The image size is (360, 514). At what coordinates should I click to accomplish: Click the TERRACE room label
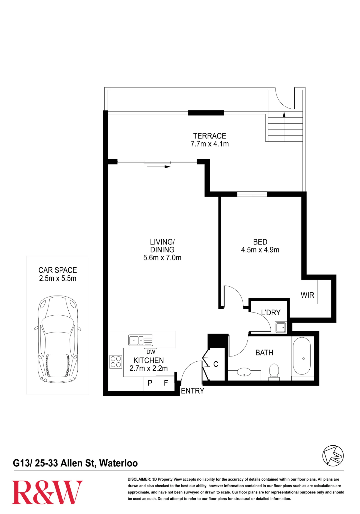click(x=210, y=136)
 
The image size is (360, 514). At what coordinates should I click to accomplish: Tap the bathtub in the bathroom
click(x=302, y=356)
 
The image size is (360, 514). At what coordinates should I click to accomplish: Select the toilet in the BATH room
click(x=274, y=372)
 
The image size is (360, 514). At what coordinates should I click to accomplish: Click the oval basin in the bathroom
click(x=244, y=372)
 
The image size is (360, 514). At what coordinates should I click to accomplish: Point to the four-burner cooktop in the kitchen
click(x=116, y=362)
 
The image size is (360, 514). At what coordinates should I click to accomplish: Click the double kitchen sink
click(x=141, y=340)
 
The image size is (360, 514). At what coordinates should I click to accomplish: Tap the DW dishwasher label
click(x=151, y=352)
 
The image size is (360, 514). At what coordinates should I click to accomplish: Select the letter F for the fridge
click(x=166, y=383)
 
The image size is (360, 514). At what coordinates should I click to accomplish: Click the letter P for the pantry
click(x=150, y=383)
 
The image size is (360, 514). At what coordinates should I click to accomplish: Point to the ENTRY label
click(x=192, y=391)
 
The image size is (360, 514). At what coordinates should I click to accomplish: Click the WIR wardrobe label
click(x=307, y=295)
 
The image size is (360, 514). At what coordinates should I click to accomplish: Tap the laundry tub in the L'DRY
click(x=281, y=327)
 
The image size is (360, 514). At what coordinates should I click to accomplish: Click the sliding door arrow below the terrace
click(x=159, y=167)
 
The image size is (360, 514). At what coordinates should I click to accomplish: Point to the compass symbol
click(x=333, y=456)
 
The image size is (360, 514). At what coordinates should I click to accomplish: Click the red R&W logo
click(x=47, y=492)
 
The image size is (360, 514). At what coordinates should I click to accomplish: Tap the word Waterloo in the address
click(x=118, y=463)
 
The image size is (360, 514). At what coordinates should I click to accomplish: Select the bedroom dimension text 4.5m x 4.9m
click(x=260, y=250)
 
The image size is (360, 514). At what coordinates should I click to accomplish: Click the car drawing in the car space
click(x=58, y=339)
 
